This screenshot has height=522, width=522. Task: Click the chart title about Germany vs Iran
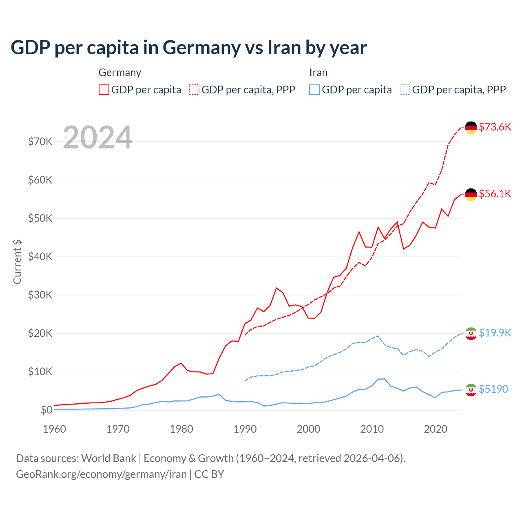pyautogui.click(x=188, y=48)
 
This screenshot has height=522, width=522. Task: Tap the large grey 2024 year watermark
pyautogui.click(x=97, y=137)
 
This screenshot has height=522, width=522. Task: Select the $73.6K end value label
pyautogui.click(x=495, y=127)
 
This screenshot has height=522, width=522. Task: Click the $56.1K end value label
pyautogui.click(x=495, y=194)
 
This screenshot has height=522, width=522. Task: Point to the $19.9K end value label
pyautogui.click(x=495, y=333)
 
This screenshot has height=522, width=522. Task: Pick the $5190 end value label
pyautogui.click(x=493, y=389)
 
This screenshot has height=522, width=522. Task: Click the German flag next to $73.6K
pyautogui.click(x=471, y=127)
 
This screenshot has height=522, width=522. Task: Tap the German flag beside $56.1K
pyautogui.click(x=471, y=194)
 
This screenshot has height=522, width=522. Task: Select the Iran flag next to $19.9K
pyautogui.click(x=471, y=333)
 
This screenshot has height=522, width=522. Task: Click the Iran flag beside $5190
pyautogui.click(x=471, y=389)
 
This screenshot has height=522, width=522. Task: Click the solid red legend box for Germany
pyautogui.click(x=104, y=90)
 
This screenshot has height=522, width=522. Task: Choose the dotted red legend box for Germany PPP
pyautogui.click(x=194, y=90)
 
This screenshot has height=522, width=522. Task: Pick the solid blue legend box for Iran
pyautogui.click(x=314, y=90)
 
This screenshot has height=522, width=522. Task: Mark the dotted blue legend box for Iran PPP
pyautogui.click(x=405, y=90)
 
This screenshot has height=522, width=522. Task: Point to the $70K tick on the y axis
pyautogui.click(x=40, y=142)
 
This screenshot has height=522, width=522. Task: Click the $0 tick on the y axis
pyautogui.click(x=46, y=410)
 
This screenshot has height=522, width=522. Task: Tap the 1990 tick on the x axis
pyautogui.click(x=245, y=429)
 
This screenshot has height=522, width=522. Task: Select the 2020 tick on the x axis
pyautogui.click(x=436, y=429)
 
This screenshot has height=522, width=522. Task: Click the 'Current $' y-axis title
pyautogui.click(x=17, y=261)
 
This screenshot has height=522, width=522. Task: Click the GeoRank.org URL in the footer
pyautogui.click(x=101, y=474)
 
